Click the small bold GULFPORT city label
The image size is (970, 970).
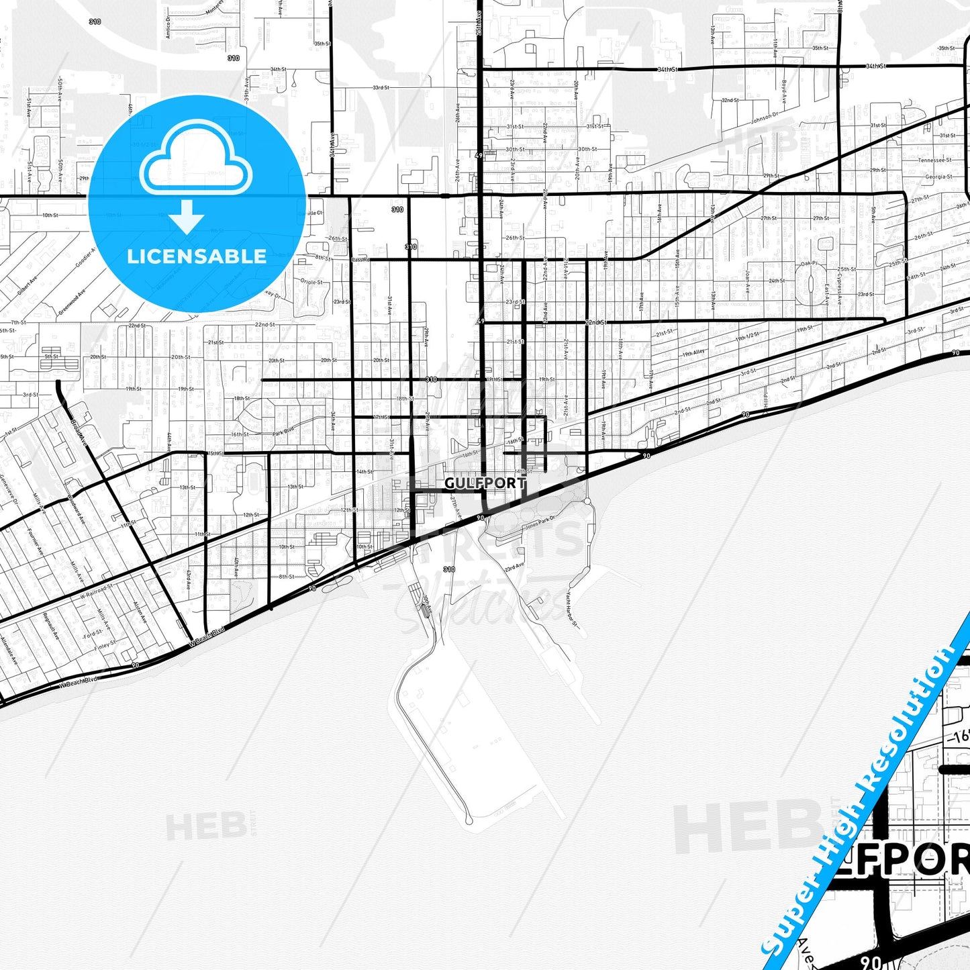485,483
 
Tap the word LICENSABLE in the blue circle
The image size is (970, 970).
197,256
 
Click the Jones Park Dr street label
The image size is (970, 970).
540,522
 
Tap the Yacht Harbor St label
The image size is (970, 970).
571,609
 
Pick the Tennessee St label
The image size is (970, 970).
934,160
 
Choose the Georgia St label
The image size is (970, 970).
938,177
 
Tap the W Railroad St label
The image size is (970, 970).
97,591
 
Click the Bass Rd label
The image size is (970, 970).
360,259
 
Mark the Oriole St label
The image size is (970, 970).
311,282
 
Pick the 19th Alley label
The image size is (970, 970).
693,353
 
